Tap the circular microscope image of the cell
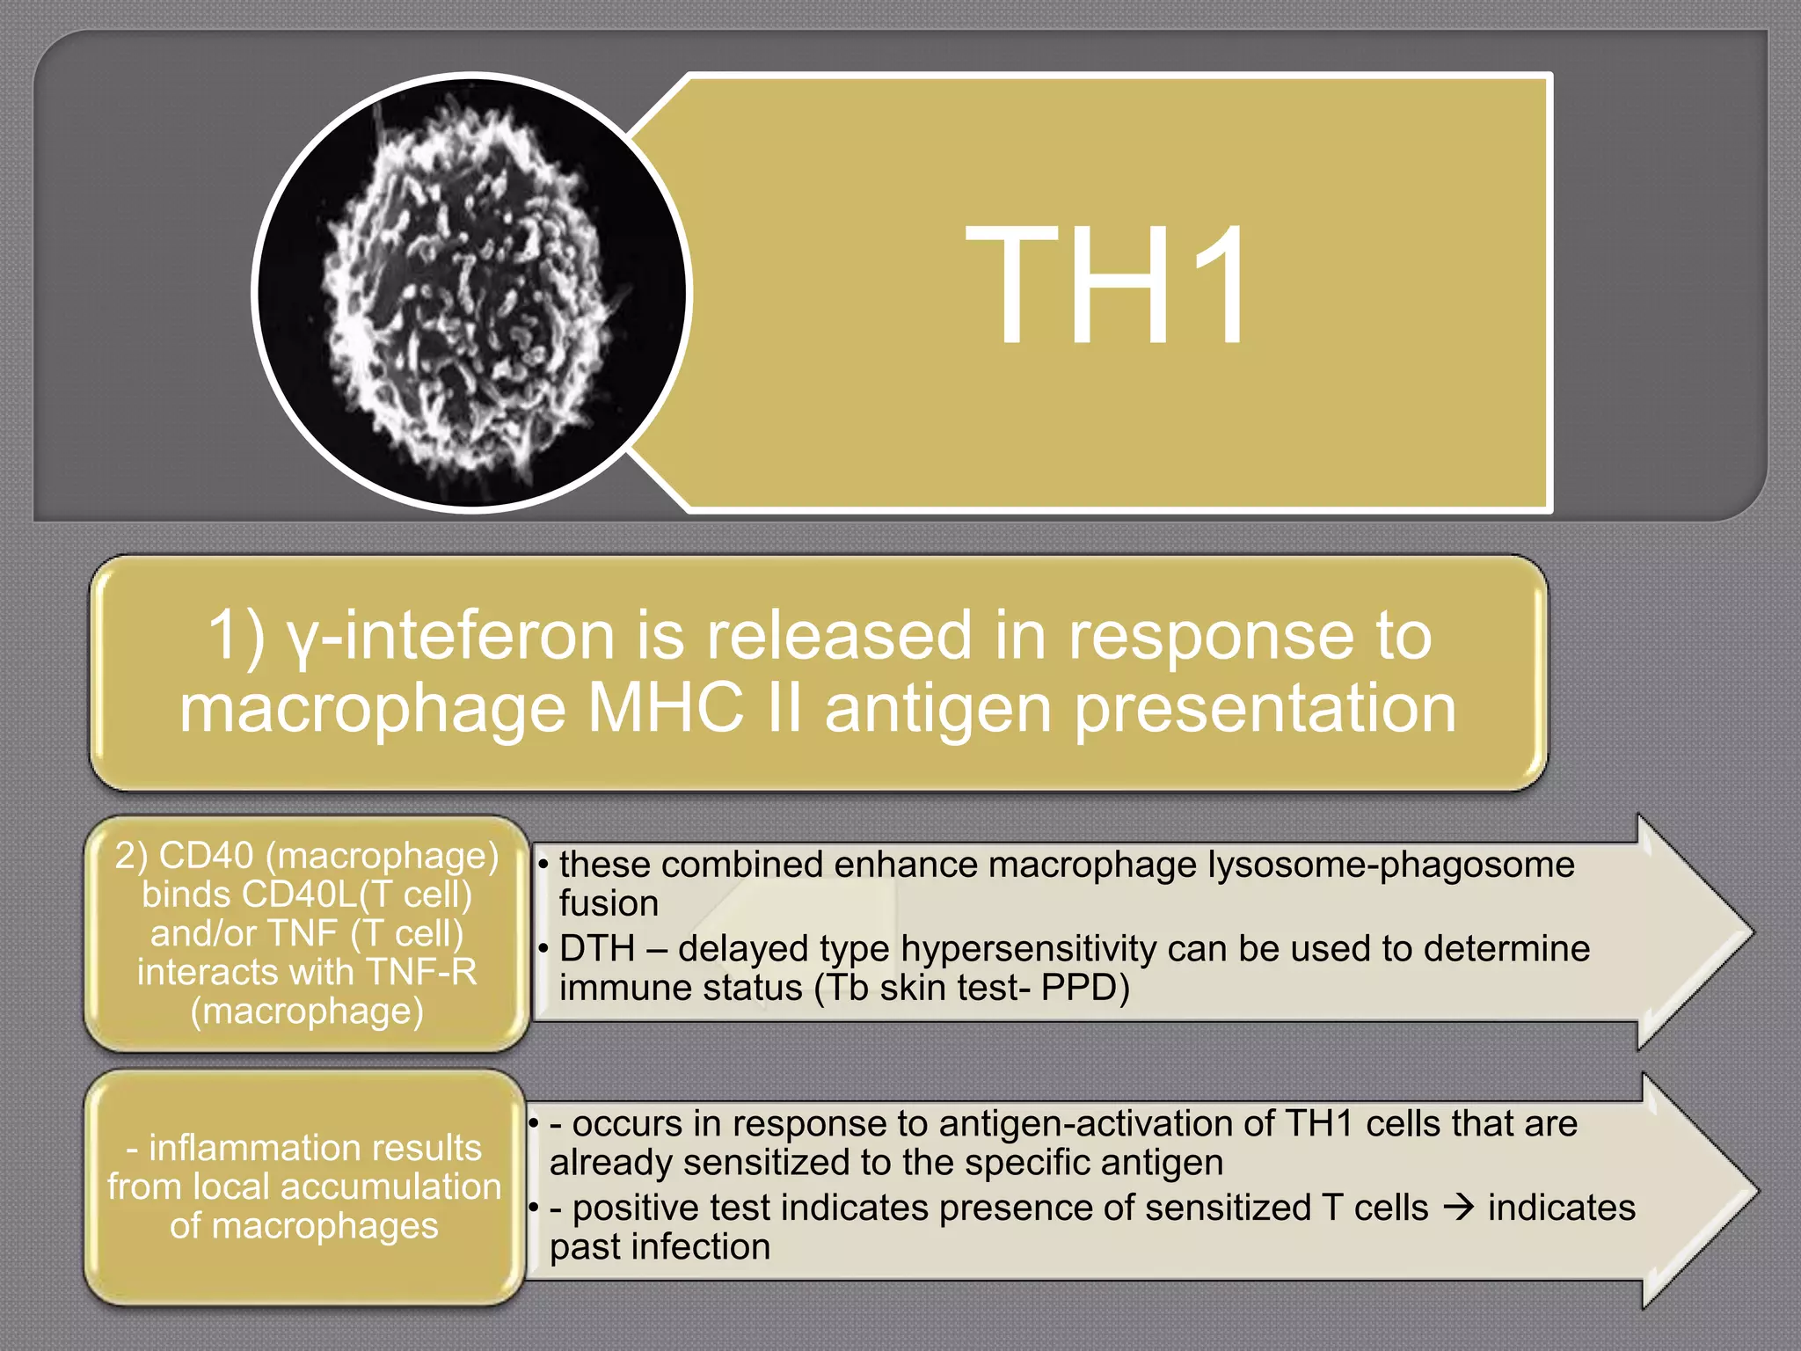click(471, 292)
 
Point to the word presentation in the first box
click(1265, 708)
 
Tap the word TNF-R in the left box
click(421, 972)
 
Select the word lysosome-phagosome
click(1390, 865)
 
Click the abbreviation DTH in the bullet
click(597, 949)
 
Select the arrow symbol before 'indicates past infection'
click(1458, 1208)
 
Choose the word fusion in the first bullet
click(609, 904)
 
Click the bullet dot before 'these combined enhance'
click(543, 865)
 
